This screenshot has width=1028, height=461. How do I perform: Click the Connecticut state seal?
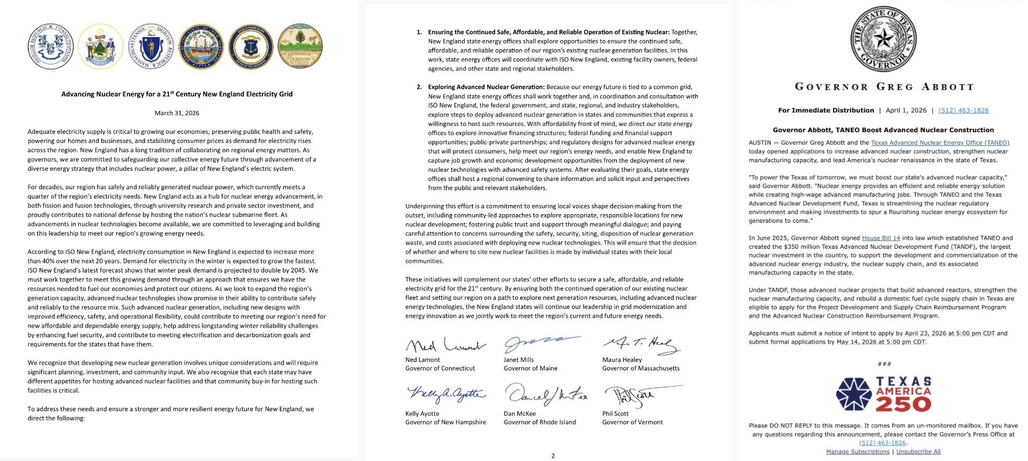[x=50, y=47]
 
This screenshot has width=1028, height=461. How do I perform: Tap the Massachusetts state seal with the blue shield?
[x=151, y=47]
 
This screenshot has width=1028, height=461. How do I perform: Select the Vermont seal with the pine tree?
[x=300, y=47]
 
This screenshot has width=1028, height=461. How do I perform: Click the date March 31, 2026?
[x=177, y=113]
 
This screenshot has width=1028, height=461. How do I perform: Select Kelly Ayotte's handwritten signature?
[x=445, y=395]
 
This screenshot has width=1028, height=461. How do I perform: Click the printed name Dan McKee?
[x=519, y=413]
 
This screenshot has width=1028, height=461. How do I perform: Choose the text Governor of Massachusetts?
[x=640, y=368]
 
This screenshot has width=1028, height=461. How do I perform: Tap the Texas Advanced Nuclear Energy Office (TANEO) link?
[x=940, y=142]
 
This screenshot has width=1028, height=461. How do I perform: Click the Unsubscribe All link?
[x=918, y=451]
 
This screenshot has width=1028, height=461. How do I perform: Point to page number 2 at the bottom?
[x=553, y=456]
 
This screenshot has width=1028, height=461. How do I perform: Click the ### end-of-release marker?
[x=884, y=364]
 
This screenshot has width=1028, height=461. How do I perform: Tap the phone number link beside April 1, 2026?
[x=963, y=110]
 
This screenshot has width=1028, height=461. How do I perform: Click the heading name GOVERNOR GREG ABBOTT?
[x=883, y=87]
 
